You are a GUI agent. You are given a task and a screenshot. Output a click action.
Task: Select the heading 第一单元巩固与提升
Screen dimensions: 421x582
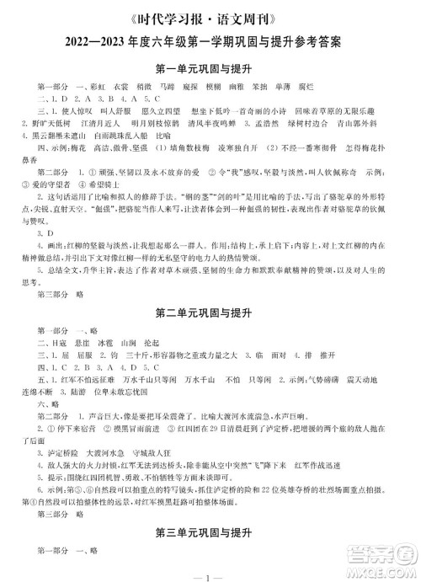211,67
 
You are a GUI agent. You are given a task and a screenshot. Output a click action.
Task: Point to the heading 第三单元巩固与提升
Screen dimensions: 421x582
211,532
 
